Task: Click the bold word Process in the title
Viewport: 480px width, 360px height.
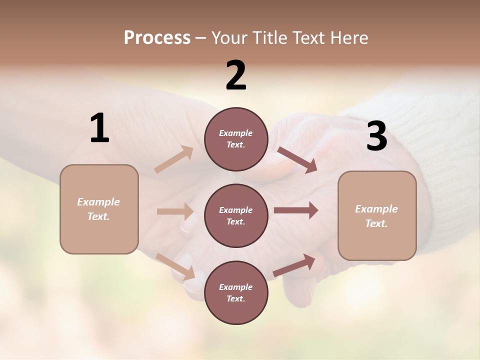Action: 157,38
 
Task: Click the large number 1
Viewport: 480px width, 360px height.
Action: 99,128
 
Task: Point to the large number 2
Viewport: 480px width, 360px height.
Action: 236,75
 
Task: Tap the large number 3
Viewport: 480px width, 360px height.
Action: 376,136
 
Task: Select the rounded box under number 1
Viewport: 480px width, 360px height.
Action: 99,209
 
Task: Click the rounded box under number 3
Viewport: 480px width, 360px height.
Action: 377,216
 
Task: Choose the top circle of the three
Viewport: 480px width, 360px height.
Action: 236,139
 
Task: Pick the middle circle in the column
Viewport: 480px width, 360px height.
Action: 236,215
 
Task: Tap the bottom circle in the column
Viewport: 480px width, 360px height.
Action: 236,292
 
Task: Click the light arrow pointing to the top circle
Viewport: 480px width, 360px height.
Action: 173,159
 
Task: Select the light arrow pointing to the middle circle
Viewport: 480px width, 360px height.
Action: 175,211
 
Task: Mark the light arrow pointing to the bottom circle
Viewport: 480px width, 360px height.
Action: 175,266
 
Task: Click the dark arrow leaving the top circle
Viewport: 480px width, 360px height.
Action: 297,160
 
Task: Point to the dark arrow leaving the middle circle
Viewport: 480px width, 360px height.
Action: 295,210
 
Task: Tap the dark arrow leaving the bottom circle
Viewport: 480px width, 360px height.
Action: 294,265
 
